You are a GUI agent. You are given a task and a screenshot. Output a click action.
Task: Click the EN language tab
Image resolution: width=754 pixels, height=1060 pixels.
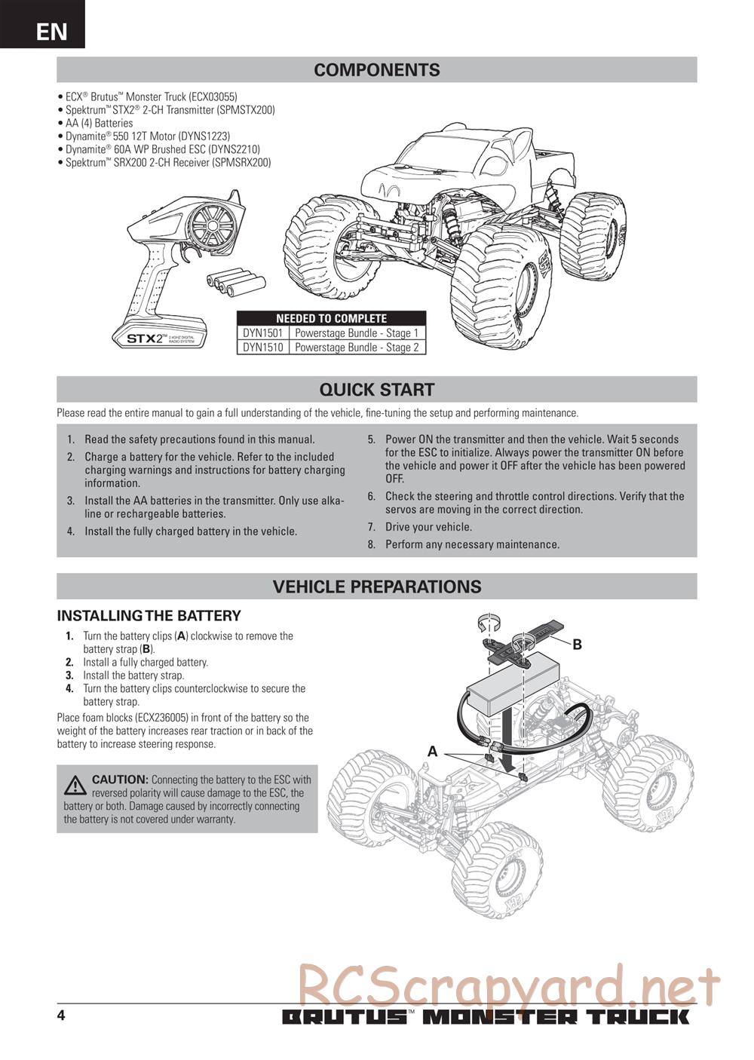click(x=51, y=31)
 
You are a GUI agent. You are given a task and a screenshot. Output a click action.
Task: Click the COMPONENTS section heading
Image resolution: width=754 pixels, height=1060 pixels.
click(x=376, y=70)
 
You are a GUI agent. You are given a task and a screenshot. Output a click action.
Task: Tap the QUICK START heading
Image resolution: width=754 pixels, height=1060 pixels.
click(x=376, y=390)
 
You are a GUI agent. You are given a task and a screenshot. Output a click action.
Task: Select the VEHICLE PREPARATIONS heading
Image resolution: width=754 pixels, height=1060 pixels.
click(x=376, y=587)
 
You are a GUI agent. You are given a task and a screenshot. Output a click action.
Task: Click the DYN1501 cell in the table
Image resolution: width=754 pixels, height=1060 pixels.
click(x=262, y=333)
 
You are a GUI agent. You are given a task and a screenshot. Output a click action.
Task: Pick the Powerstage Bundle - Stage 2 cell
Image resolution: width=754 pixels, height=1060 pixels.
click(x=356, y=348)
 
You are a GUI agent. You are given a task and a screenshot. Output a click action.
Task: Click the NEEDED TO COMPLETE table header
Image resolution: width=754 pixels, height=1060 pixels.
click(x=331, y=319)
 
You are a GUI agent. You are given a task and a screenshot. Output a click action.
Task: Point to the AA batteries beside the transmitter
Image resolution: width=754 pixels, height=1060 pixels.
click(x=236, y=283)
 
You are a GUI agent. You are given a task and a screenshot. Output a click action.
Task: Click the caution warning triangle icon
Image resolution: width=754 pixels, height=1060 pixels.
click(x=75, y=786)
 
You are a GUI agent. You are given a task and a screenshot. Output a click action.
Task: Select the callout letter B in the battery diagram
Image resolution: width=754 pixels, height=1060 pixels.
click(x=577, y=645)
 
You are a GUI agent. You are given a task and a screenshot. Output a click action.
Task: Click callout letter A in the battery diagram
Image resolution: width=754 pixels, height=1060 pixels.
click(x=433, y=751)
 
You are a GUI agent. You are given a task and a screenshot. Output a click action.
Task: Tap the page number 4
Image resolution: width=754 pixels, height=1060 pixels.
click(x=61, y=1016)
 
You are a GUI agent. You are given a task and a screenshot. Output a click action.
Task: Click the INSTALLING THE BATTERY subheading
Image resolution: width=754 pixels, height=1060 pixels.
click(x=149, y=615)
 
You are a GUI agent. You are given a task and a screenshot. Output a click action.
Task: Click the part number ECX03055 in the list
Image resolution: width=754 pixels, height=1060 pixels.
click(x=213, y=97)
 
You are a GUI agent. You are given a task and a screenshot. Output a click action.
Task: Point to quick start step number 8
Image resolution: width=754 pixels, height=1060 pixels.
click(x=371, y=544)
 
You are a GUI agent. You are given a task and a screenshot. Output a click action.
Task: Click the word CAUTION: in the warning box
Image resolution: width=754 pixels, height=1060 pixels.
click(x=120, y=780)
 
